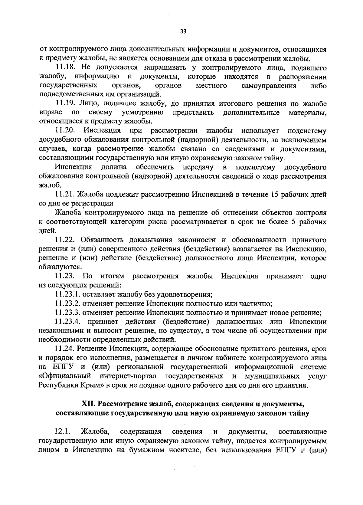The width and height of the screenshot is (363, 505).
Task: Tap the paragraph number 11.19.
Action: click(65, 104)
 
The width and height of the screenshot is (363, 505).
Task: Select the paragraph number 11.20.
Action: click(65, 131)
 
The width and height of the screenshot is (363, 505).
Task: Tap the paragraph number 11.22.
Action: click(65, 240)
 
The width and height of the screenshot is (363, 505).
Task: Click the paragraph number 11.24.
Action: click(65, 349)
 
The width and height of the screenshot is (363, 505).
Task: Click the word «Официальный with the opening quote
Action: click(65, 376)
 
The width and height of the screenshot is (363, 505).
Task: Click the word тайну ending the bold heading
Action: click(299, 413)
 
